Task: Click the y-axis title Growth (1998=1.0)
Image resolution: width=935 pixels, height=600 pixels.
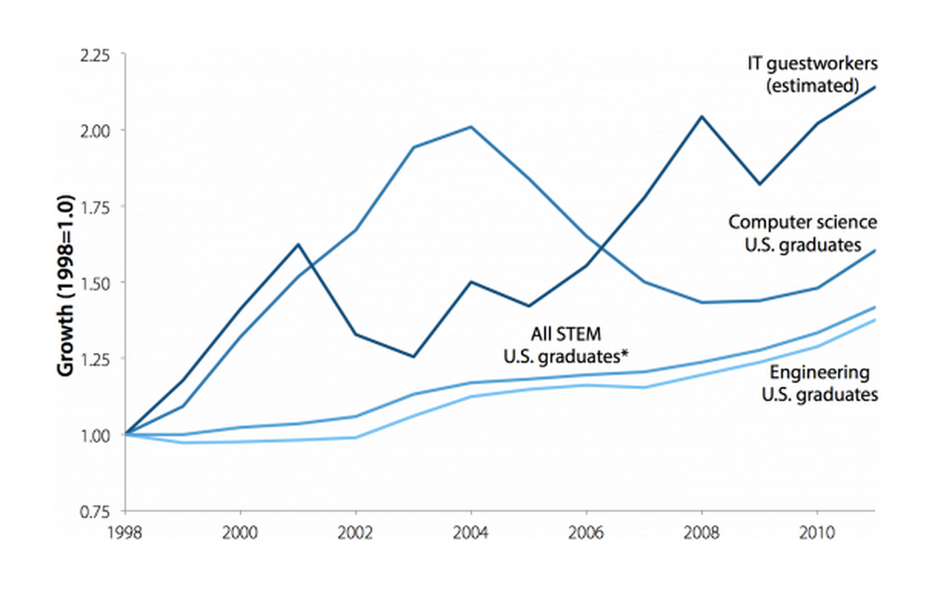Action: pyautogui.click(x=65, y=285)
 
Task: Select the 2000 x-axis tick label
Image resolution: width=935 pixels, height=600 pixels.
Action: pyautogui.click(x=241, y=531)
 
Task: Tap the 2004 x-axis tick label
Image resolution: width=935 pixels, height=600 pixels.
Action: pyautogui.click(x=471, y=531)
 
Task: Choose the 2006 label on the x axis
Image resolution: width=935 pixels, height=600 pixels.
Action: pyautogui.click(x=586, y=531)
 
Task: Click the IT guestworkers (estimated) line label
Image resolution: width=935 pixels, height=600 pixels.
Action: pyautogui.click(x=812, y=74)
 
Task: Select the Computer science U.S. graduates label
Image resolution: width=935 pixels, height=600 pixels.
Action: pyautogui.click(x=803, y=232)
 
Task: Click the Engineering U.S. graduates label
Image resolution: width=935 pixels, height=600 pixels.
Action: pyautogui.click(x=819, y=384)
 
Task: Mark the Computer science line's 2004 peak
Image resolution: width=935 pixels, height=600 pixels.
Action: pyautogui.click(x=471, y=127)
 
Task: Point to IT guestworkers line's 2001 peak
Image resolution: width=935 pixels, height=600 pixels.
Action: pyautogui.click(x=298, y=244)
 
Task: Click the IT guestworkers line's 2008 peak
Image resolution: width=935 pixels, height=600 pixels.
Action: pyautogui.click(x=701, y=117)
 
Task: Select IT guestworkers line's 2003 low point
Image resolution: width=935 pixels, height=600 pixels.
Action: pyautogui.click(x=414, y=356)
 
